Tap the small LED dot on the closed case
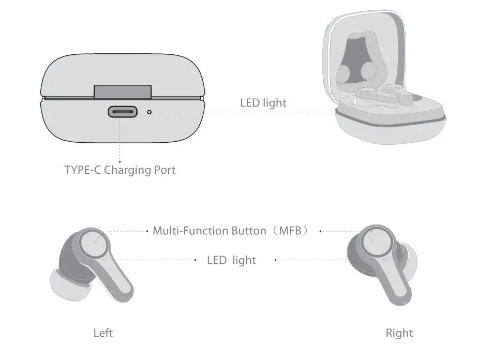tap(150, 111)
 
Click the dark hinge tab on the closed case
tap(123, 92)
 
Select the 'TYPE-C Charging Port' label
tap(120, 170)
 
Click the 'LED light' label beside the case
tap(263, 102)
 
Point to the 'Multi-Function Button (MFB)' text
tap(231, 231)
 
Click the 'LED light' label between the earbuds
tap(231, 260)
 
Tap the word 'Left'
tap(103, 333)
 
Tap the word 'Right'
tap(399, 333)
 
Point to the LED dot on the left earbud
tap(105, 259)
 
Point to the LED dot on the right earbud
tap(385, 259)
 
